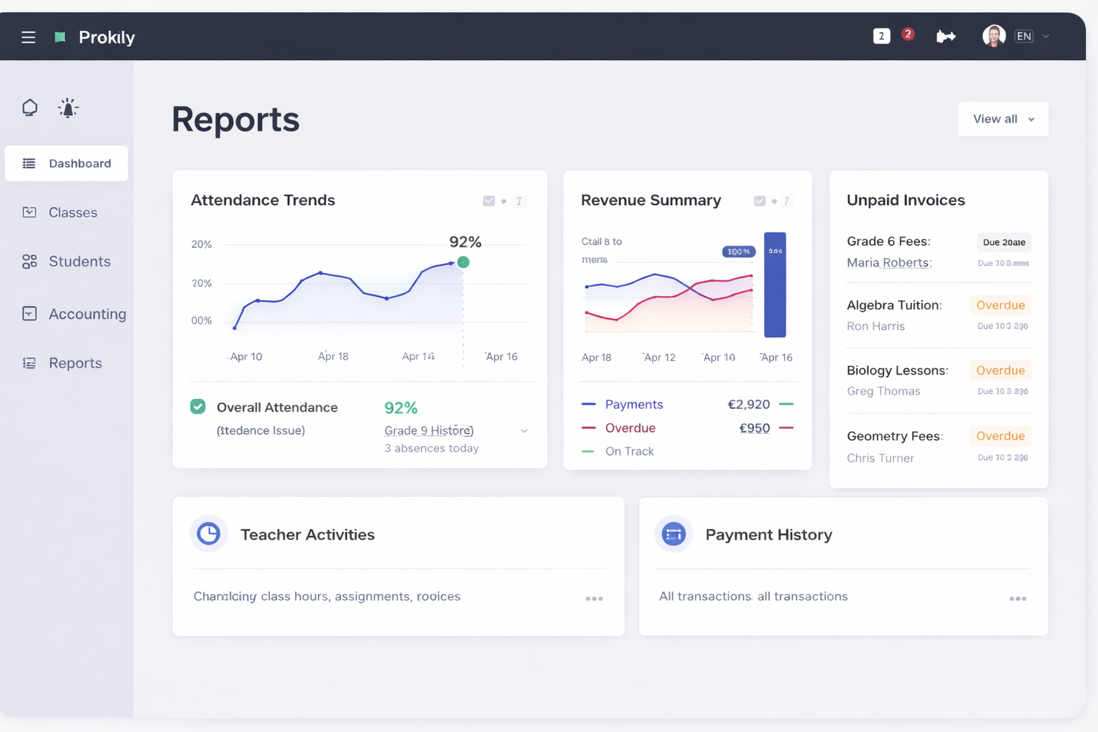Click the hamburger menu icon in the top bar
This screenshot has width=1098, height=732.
(x=29, y=37)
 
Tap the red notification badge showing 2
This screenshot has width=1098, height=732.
(x=908, y=34)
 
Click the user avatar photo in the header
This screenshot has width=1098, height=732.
(x=994, y=36)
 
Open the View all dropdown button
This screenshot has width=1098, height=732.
(x=1003, y=119)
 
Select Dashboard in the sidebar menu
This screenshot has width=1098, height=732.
(x=66, y=164)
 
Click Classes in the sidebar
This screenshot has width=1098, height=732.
(x=72, y=212)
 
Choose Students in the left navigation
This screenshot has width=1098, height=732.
(x=79, y=262)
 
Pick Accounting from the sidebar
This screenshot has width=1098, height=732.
(x=86, y=314)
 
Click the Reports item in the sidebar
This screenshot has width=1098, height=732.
(x=74, y=363)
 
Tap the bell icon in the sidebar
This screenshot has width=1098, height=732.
(x=68, y=108)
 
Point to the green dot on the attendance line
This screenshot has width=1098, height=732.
(x=463, y=262)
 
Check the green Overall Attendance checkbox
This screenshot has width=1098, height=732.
(x=198, y=407)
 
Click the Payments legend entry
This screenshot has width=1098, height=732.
(x=633, y=405)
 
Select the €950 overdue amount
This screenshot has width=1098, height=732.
(x=754, y=428)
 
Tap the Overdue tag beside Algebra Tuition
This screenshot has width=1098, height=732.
(x=1000, y=305)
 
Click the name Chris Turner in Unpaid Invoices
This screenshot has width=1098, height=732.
(x=880, y=458)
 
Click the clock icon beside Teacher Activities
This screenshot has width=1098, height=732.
(x=209, y=534)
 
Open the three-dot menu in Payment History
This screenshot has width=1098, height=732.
(x=1018, y=599)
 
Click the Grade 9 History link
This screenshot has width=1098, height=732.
(x=429, y=430)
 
